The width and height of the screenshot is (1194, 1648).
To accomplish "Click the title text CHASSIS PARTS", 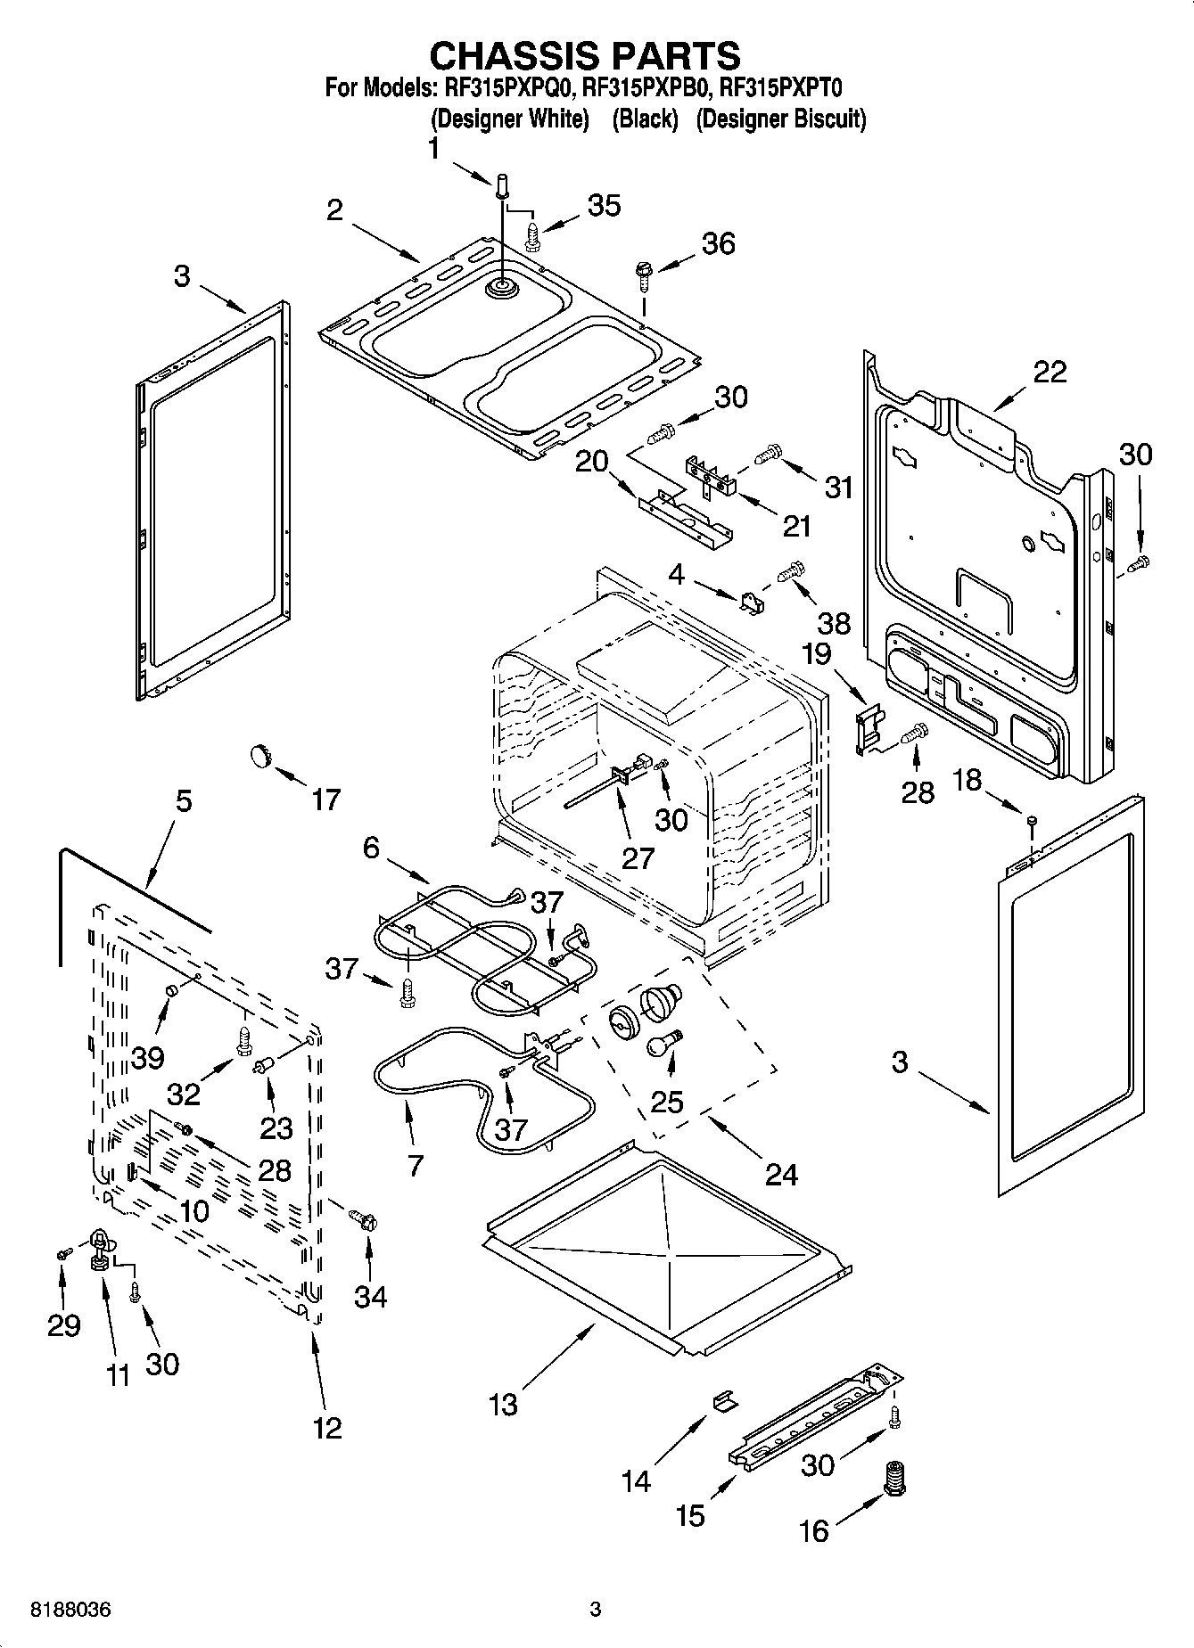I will [x=585, y=55].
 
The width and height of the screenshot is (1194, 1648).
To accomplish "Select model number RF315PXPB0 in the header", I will [x=648, y=88].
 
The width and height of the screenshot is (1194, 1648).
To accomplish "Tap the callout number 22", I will [x=1049, y=372].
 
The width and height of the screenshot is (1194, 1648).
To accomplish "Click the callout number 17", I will [x=325, y=799].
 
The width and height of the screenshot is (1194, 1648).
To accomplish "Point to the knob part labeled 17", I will [x=259, y=756].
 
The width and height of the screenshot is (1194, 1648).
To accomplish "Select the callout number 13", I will [x=503, y=1405].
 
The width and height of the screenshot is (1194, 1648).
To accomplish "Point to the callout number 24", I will [x=781, y=1174].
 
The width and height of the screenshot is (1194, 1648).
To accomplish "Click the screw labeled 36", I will [x=642, y=273].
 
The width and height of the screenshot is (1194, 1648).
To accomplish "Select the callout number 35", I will [x=604, y=205].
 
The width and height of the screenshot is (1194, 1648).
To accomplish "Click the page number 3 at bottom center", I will [x=596, y=1610].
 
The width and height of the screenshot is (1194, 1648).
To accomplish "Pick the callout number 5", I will [x=182, y=800].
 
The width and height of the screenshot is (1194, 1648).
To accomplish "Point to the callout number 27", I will [x=638, y=857].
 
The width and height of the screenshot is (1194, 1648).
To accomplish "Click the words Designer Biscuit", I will [x=780, y=119].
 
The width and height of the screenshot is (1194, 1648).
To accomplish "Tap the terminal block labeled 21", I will [x=711, y=476].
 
